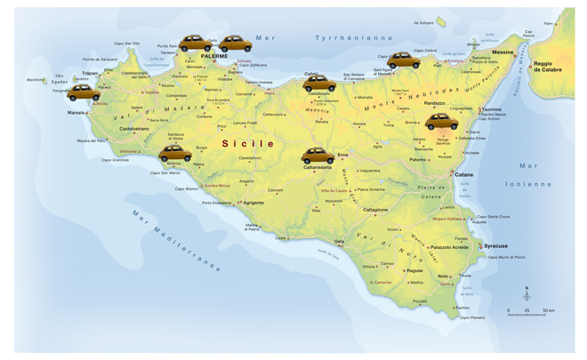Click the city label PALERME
pos(213,56)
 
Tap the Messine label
pos(503,52)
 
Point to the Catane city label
pos(463,174)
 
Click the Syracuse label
pos(494,246)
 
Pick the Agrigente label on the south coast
pos(253,203)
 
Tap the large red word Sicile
pos(248,142)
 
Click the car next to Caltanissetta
pos(318,156)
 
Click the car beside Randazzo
pos(441,122)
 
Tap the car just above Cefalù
pos(318,84)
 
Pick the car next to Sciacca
pos(175,153)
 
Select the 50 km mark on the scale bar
pos(548,310)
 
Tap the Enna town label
pos(342,155)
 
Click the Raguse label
pos(414,270)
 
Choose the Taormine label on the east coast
pos(492,109)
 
